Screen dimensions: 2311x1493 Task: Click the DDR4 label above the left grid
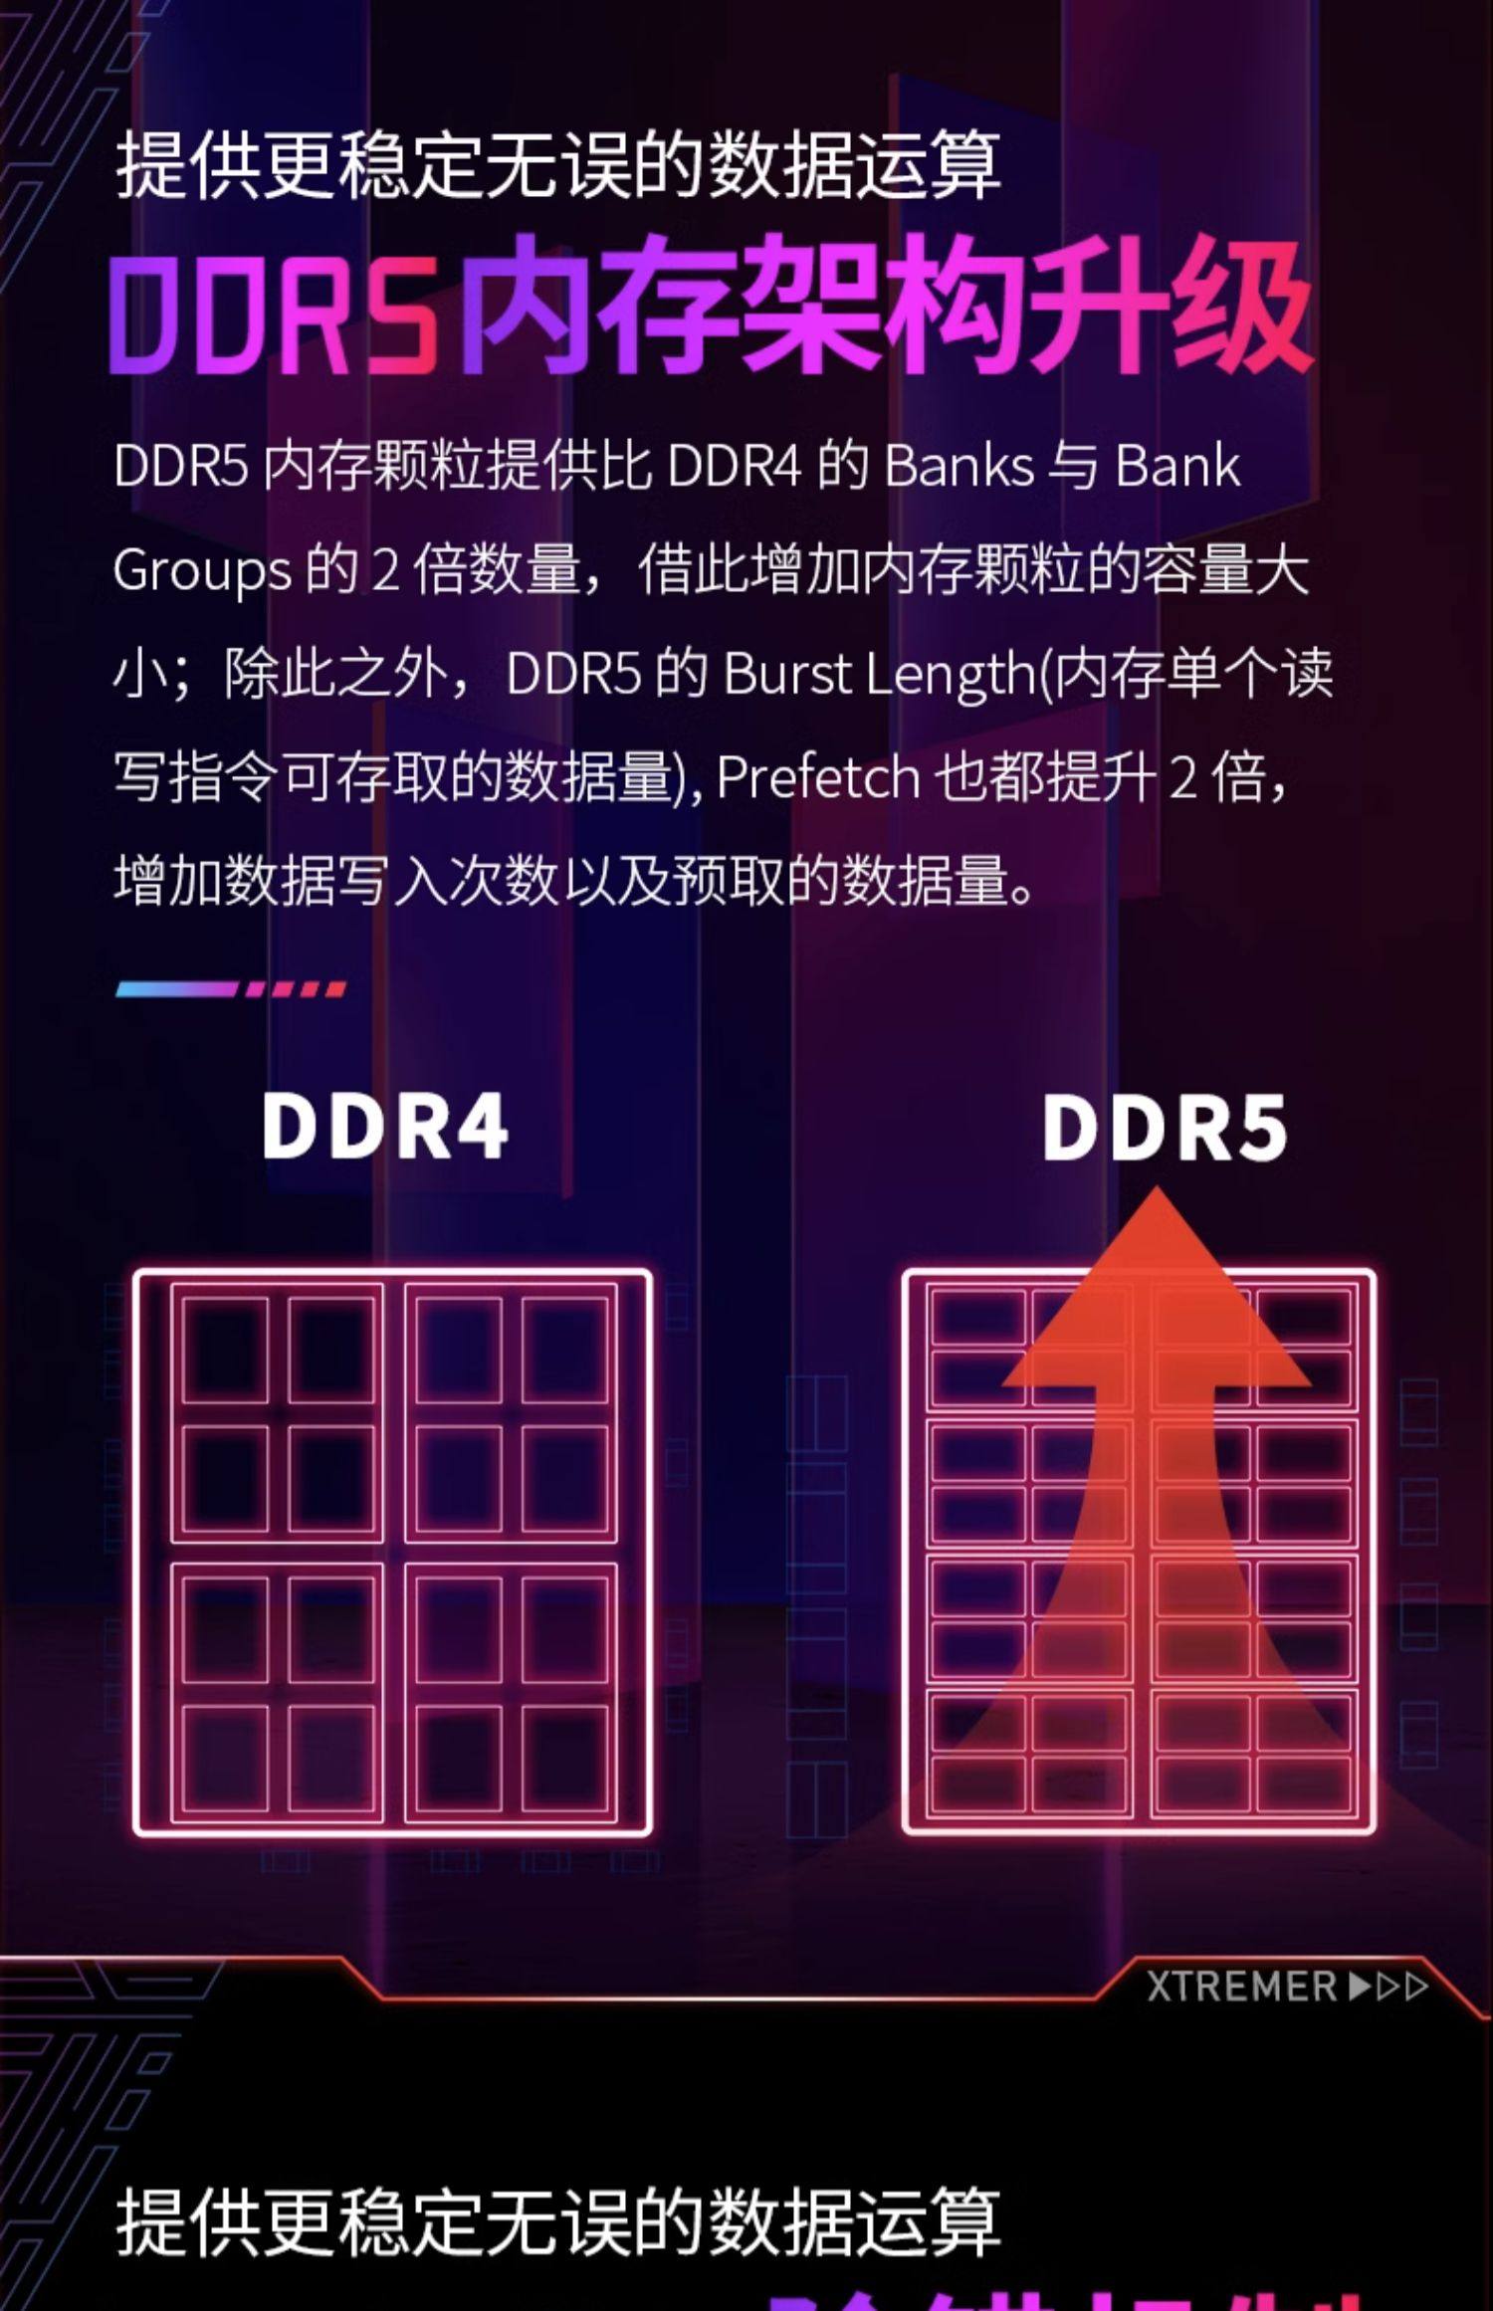[x=385, y=1127]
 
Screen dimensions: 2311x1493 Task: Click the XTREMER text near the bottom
[x=1242, y=1988]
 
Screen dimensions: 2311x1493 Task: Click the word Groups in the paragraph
[x=202, y=571]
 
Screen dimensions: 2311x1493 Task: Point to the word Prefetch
[x=817, y=777]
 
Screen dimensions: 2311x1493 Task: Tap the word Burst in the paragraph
[x=788, y=674]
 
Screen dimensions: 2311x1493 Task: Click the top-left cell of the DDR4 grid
[x=225, y=1350]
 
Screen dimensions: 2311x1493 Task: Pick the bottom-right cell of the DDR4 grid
[x=564, y=1758]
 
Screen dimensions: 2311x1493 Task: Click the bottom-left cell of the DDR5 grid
[x=977, y=1785]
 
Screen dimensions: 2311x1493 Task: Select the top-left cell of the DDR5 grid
[x=977, y=1316]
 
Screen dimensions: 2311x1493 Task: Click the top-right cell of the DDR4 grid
[x=564, y=1350]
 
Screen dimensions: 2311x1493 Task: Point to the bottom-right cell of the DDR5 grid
[x=1304, y=1785]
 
